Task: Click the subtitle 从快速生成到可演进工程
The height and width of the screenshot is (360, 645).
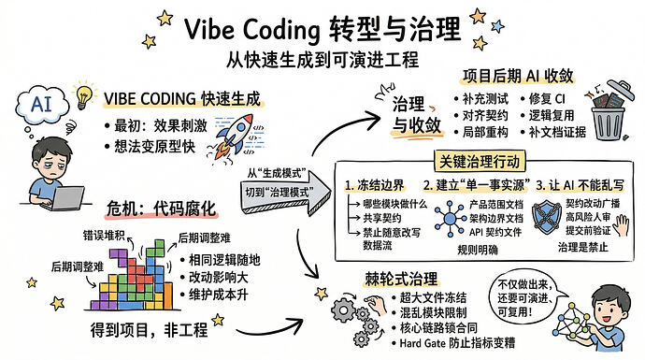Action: click(x=322, y=58)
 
